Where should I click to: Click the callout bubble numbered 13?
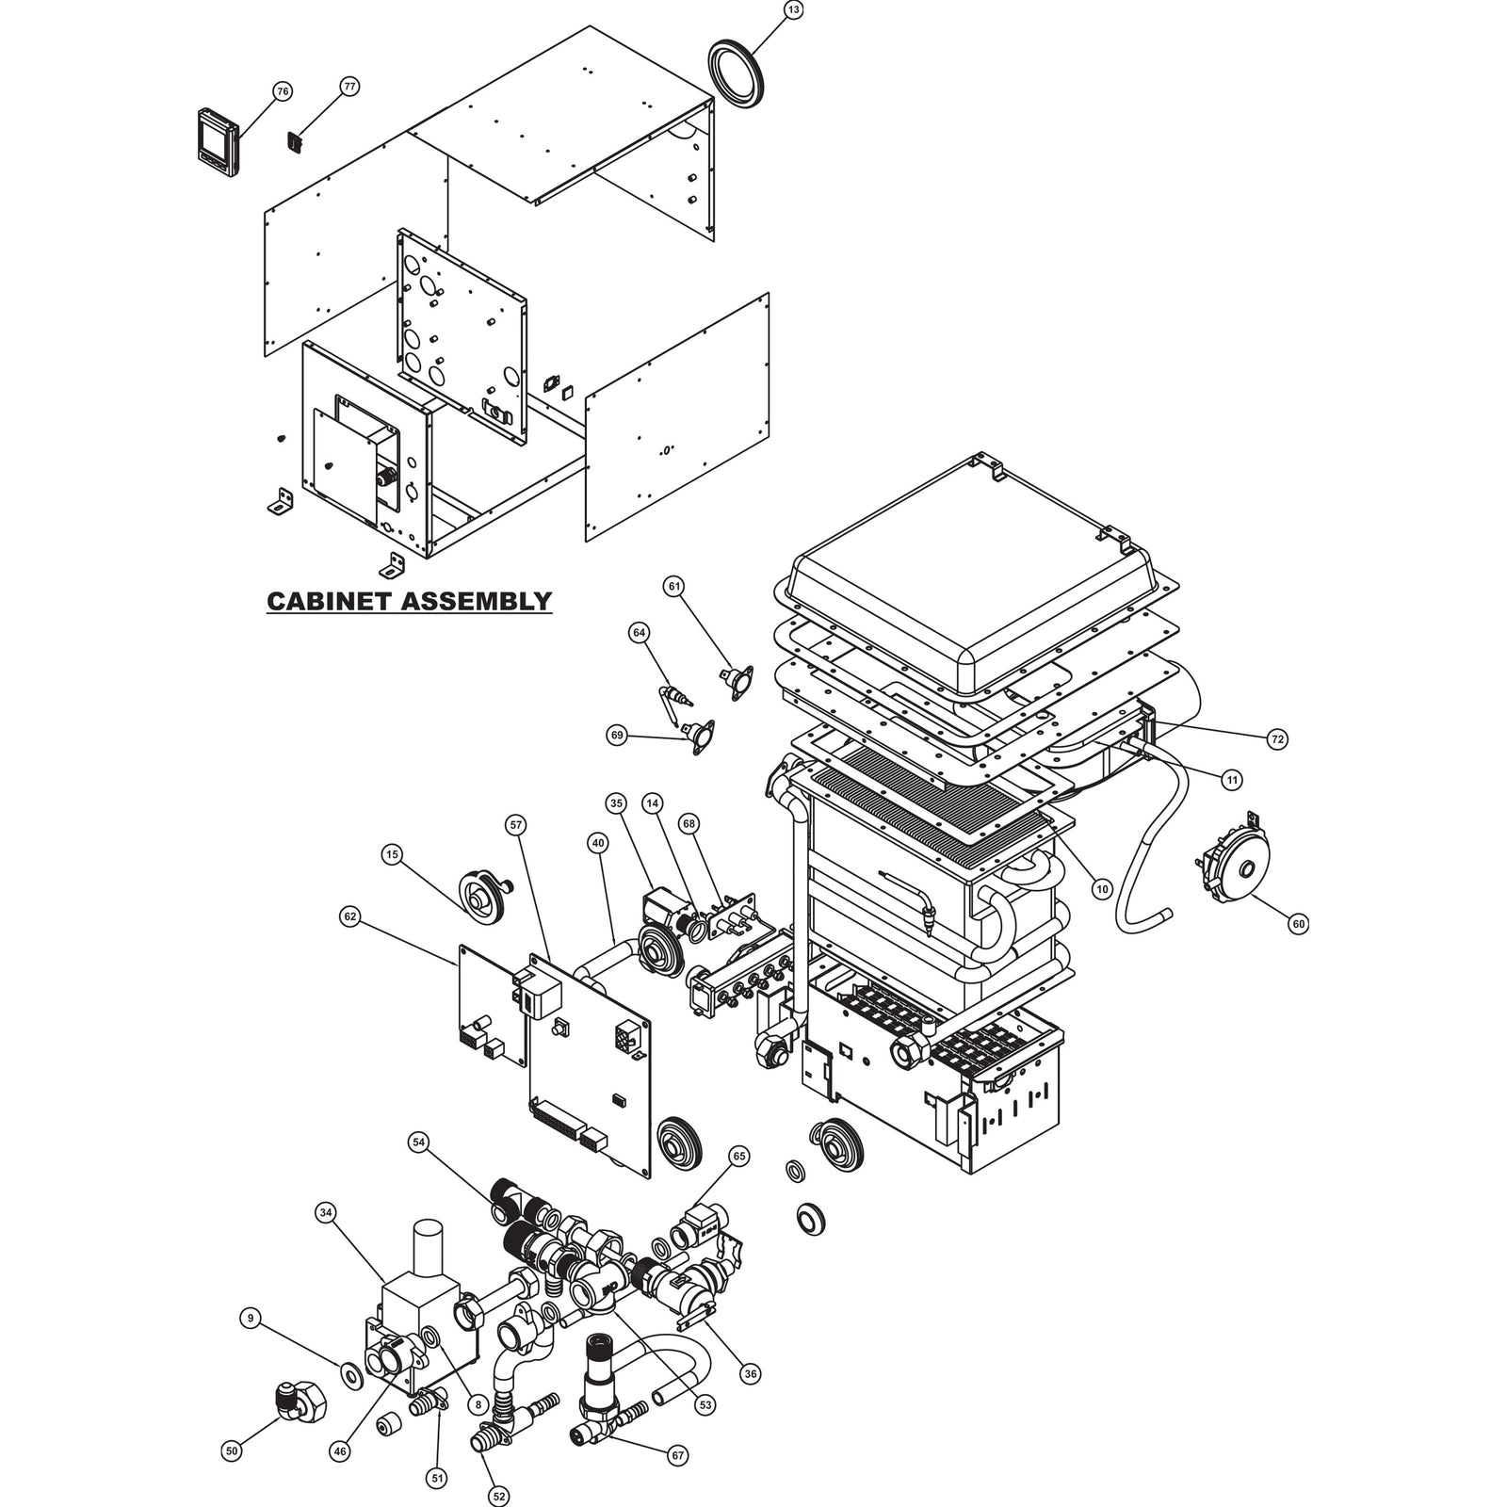pyautogui.click(x=793, y=10)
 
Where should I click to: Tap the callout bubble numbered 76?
pyautogui.click(x=282, y=91)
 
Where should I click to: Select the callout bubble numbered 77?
pyautogui.click(x=349, y=87)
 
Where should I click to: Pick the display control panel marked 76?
pyautogui.click(x=219, y=141)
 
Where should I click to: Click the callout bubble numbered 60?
pyautogui.click(x=1299, y=924)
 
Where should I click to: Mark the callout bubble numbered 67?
pyautogui.click(x=677, y=1455)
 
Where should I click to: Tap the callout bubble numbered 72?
pyautogui.click(x=1277, y=739)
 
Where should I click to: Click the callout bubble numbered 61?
pyautogui.click(x=673, y=586)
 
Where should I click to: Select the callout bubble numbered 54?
pyautogui.click(x=418, y=1142)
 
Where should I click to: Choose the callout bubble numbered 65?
pyautogui.click(x=739, y=1156)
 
